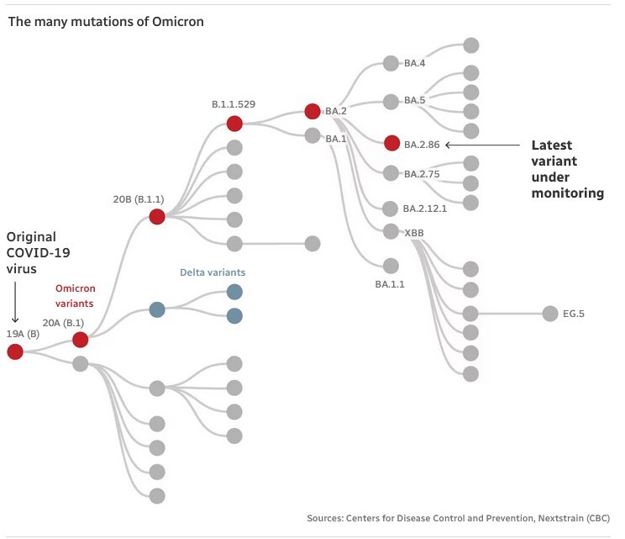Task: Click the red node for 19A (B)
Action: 15,351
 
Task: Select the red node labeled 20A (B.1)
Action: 80,340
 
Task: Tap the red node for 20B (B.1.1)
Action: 156,217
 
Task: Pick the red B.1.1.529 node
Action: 234,124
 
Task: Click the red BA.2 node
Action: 312,111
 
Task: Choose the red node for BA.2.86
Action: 391,143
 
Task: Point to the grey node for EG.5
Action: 549,314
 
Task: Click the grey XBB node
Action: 391,231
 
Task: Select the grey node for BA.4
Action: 391,63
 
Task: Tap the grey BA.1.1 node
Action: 391,265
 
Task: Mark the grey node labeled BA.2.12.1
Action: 391,209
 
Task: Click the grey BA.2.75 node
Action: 391,173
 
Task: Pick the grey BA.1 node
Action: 312,136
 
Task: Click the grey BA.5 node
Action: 391,101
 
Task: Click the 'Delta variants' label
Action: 213,272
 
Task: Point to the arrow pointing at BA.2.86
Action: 483,144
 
